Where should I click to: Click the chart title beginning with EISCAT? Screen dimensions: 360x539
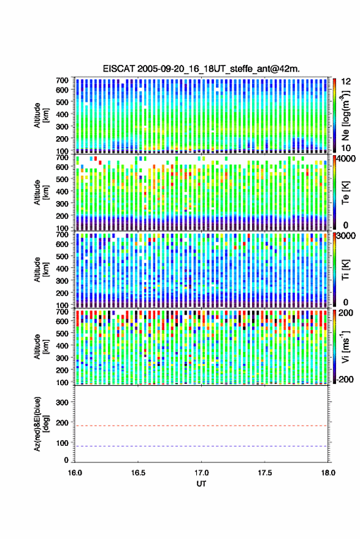pos(201,69)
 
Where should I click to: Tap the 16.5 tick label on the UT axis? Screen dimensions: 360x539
pos(138,473)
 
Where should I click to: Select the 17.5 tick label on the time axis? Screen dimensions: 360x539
pos(264,473)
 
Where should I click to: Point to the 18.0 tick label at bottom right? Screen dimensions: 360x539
pos(328,473)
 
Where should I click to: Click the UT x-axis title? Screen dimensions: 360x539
pos(202,484)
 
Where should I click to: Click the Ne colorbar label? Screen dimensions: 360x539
pos(345,115)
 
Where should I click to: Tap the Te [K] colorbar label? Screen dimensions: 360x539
pos(345,193)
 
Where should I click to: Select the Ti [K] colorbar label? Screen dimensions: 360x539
pos(345,270)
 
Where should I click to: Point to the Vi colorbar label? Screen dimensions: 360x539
pos(345,347)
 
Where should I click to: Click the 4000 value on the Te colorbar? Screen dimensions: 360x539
pos(347,159)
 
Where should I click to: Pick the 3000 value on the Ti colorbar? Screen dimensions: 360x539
pos(347,236)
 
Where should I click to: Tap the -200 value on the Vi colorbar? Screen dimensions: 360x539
pos(345,379)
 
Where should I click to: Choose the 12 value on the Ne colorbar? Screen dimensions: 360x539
pos(347,82)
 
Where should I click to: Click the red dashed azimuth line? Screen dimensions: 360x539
pos(201,426)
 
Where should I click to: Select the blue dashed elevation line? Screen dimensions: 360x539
pos(201,446)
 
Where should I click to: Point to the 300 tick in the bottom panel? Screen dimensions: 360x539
pos(62,402)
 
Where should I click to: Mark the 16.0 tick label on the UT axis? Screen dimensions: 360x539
pos(75,473)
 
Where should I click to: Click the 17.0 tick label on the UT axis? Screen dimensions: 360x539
pos(201,473)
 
